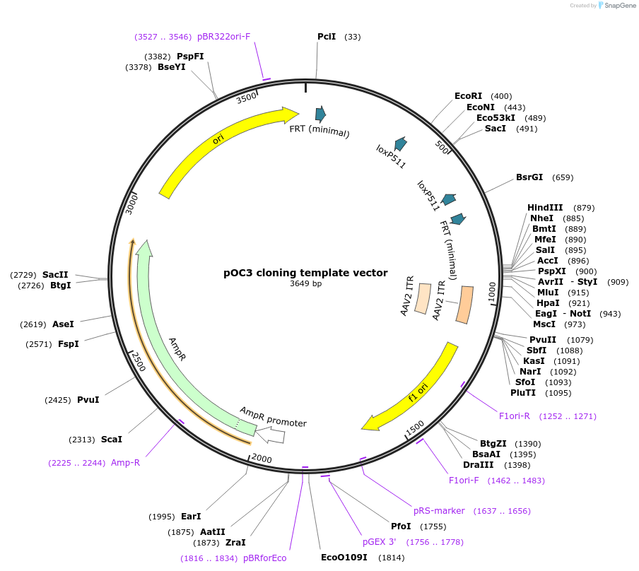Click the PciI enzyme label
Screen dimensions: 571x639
[327, 37]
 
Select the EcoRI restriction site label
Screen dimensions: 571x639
[468, 96]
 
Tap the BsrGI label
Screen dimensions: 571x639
[529, 177]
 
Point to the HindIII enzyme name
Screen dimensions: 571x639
[545, 208]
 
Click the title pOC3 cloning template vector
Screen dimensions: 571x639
[305, 273]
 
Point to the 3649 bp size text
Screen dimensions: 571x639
[305, 284]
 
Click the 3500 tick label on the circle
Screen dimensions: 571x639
[247, 99]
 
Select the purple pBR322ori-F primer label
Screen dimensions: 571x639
[223, 37]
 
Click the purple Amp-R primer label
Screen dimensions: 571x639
[125, 463]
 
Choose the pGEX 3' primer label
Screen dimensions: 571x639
[380, 542]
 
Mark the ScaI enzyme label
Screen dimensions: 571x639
[112, 440]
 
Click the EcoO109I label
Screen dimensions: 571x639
[344, 558]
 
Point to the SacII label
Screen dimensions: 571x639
[55, 274]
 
